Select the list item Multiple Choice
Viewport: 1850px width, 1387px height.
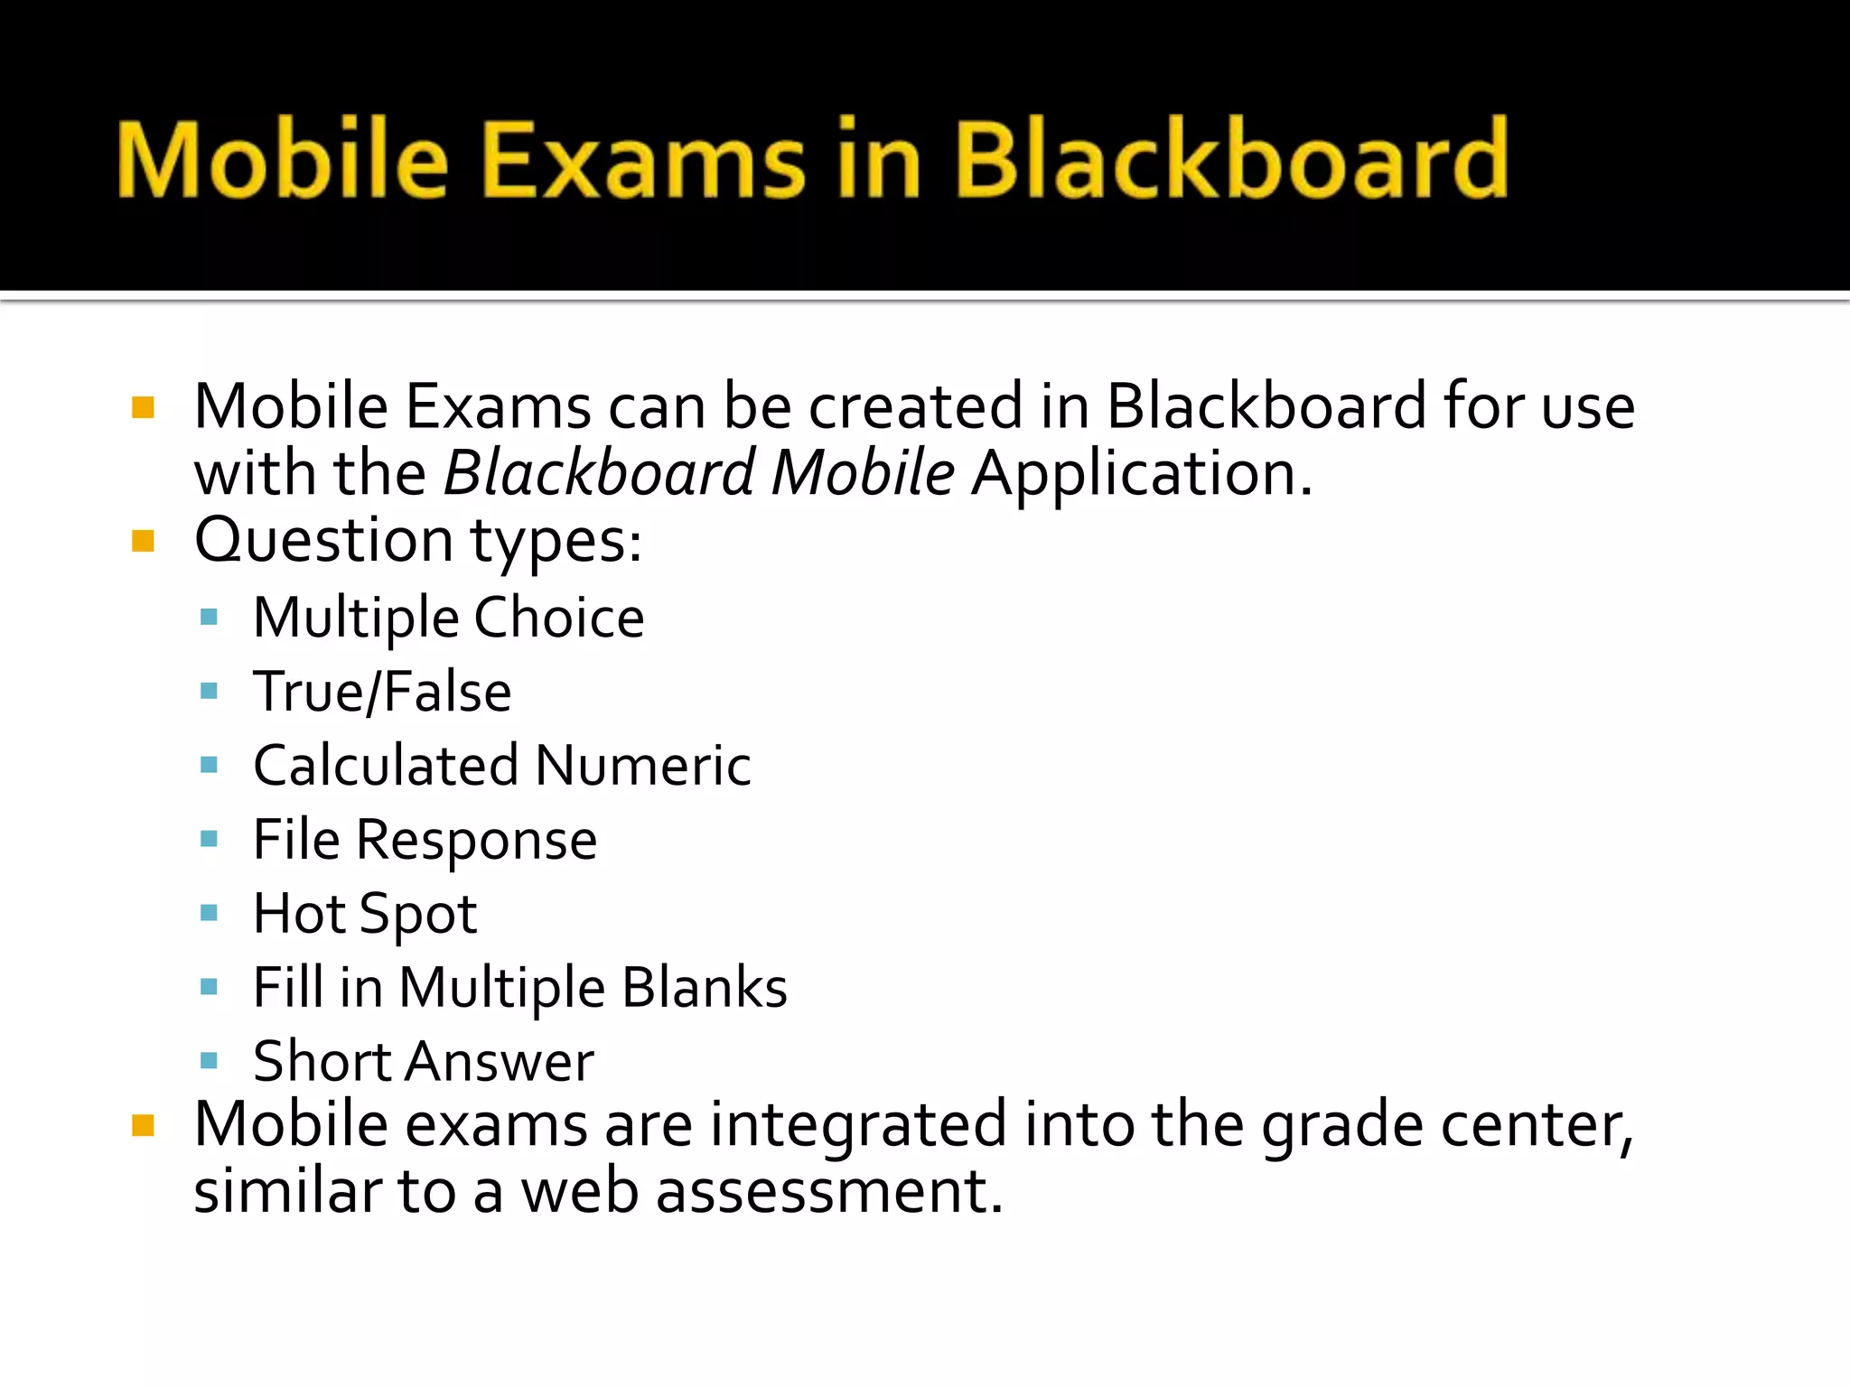pos(448,619)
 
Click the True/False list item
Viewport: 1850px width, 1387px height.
pos(382,693)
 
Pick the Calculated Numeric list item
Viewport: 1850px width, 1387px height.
pos(501,767)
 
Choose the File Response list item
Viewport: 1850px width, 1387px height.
pos(425,841)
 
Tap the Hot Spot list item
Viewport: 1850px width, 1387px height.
pos(365,915)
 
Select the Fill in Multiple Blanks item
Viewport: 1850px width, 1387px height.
pos(519,988)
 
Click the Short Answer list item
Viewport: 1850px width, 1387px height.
pos(423,1062)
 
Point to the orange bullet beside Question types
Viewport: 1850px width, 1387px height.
pos(143,541)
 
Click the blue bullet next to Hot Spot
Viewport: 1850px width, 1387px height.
pos(210,913)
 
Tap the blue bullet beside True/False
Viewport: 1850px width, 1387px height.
pos(210,692)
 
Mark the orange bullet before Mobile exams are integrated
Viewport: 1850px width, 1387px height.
pos(143,1125)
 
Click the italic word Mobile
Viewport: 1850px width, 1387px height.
pos(863,473)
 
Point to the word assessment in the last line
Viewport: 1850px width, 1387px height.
pos(829,1192)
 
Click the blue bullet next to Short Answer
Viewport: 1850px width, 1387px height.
pos(210,1060)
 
